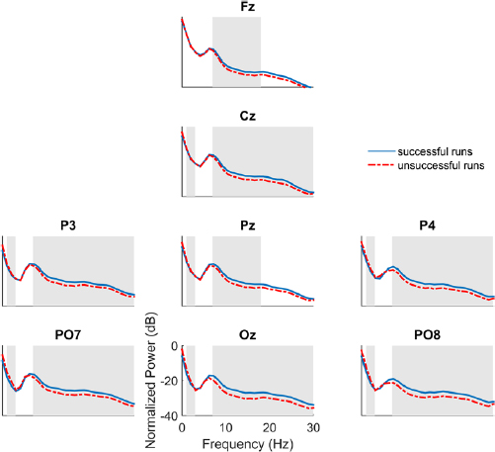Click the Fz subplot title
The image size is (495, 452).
click(x=247, y=8)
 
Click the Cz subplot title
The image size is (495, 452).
click(x=247, y=118)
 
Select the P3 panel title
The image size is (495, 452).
click(x=69, y=226)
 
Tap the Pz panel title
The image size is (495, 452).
click(x=247, y=226)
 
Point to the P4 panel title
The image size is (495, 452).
click(x=428, y=226)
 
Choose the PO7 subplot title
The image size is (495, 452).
click(x=69, y=336)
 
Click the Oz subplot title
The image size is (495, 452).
click(x=247, y=336)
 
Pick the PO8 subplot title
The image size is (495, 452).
click(x=428, y=336)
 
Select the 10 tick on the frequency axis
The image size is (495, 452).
click(x=226, y=427)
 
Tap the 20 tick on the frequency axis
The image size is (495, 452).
click(x=270, y=427)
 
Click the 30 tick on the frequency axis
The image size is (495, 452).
click(x=313, y=427)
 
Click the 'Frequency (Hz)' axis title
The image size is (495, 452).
click(x=248, y=442)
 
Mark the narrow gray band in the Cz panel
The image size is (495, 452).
click(x=191, y=162)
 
